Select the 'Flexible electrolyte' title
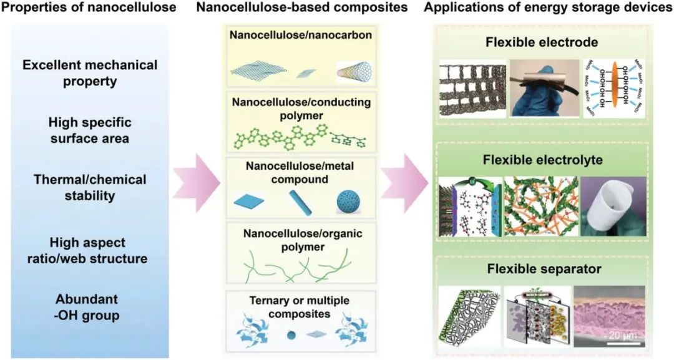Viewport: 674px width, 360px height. pyautogui.click(x=542, y=160)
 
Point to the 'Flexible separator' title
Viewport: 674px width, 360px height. pyautogui.click(x=542, y=270)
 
